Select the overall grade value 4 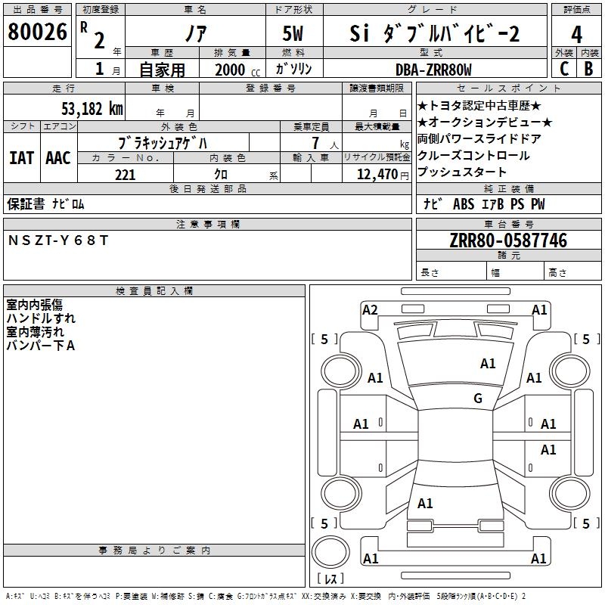[x=577, y=35]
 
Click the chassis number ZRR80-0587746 [x=507, y=240]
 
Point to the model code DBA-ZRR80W [x=433, y=70]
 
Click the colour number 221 [x=125, y=175]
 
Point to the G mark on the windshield [x=478, y=398]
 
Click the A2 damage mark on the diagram [x=370, y=309]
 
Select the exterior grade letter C [x=563, y=69]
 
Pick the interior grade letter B [x=588, y=69]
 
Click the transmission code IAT [x=21, y=158]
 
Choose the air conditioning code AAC [x=57, y=158]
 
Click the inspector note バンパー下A [x=41, y=346]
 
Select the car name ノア [x=194, y=34]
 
